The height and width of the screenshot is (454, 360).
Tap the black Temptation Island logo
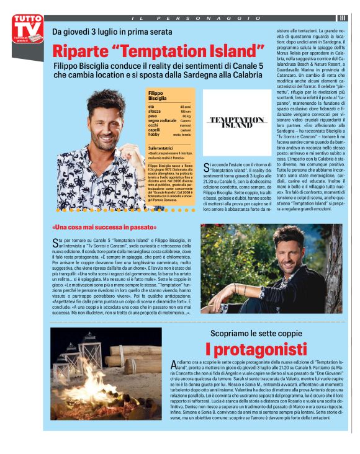click(237, 122)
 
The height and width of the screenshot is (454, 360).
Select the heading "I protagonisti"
click(256, 349)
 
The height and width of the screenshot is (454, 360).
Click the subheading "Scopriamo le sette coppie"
click(255, 333)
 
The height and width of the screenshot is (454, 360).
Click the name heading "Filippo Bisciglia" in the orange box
click(158, 96)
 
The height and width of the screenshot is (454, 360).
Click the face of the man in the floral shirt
click(105, 115)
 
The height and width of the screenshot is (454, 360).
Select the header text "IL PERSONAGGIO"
click(189, 18)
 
